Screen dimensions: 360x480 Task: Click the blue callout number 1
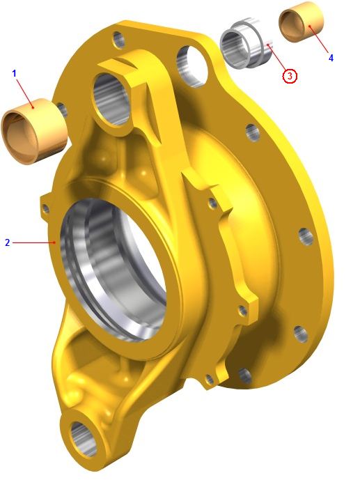(14, 73)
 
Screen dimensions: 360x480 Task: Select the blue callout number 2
(8, 242)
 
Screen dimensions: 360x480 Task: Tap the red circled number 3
(290, 75)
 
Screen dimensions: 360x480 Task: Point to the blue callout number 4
(331, 58)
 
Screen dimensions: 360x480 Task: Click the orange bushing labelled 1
(34, 132)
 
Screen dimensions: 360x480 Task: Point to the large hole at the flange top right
(191, 66)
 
